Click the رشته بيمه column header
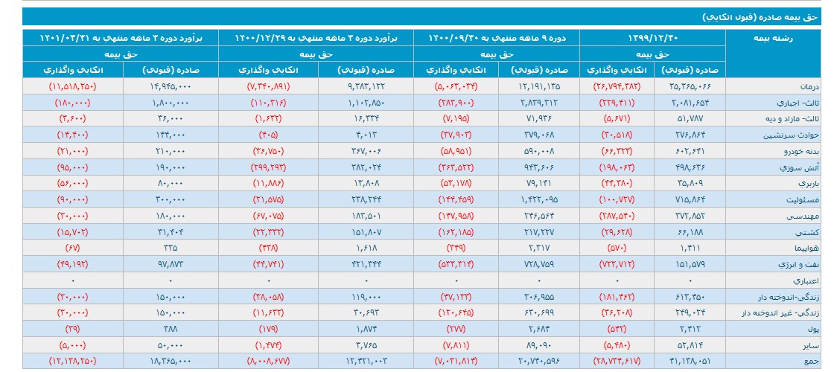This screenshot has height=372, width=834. (x=783, y=38)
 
